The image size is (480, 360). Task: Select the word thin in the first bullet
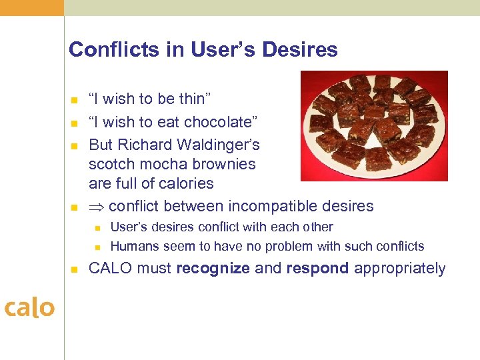point(194,99)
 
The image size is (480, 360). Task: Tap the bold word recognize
point(213,269)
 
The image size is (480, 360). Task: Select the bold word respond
point(318,269)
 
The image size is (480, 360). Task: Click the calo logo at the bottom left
point(29,307)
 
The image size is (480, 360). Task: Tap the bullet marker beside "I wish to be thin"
point(74,101)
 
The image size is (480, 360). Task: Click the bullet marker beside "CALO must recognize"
point(74,270)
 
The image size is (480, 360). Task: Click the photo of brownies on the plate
point(373,125)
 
